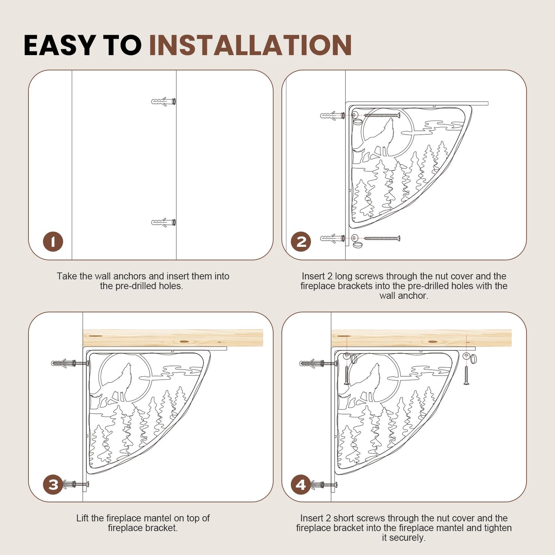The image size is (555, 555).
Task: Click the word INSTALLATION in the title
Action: (x=250, y=46)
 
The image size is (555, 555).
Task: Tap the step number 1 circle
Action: (x=53, y=242)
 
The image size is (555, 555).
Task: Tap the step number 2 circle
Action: (x=301, y=242)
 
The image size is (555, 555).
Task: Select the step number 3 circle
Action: (x=53, y=484)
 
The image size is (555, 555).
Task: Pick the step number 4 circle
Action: (x=301, y=484)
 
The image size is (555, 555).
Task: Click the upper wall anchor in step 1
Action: (x=164, y=101)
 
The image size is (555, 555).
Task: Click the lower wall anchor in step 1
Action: (x=164, y=222)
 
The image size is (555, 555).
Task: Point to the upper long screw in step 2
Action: (x=382, y=115)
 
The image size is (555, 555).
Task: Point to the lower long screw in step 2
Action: (x=382, y=238)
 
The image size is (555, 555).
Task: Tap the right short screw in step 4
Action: (x=467, y=375)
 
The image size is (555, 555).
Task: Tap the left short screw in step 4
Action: (x=347, y=375)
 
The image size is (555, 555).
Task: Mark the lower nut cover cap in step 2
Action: (x=357, y=245)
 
